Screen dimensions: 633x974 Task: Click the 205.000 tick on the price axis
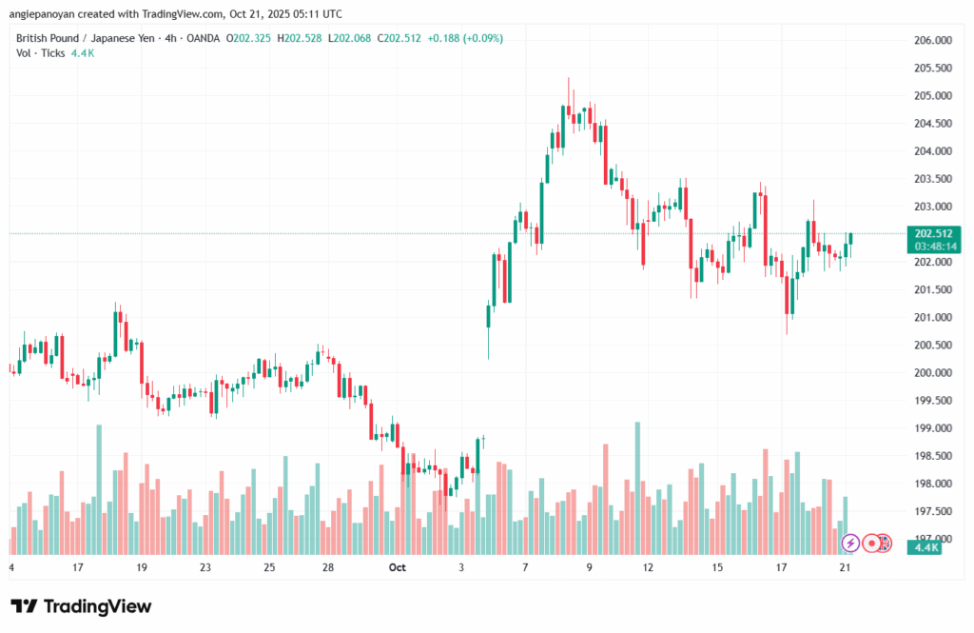[x=932, y=96]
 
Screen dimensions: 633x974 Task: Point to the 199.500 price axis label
[x=932, y=401]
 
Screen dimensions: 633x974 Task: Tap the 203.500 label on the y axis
[x=932, y=179]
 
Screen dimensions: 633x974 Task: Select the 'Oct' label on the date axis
[x=398, y=567]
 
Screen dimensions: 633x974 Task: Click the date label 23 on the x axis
[x=205, y=567]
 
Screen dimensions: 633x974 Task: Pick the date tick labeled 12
[x=649, y=567]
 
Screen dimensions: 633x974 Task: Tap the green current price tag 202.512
[x=932, y=233]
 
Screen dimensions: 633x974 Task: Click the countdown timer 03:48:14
[x=932, y=246]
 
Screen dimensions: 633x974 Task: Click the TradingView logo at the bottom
[x=81, y=606]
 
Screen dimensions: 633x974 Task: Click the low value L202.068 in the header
[x=351, y=38]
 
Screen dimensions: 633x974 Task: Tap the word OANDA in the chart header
[x=200, y=38]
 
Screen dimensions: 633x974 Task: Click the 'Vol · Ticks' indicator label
[x=41, y=53]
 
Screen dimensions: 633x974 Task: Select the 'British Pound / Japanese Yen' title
[x=82, y=38]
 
